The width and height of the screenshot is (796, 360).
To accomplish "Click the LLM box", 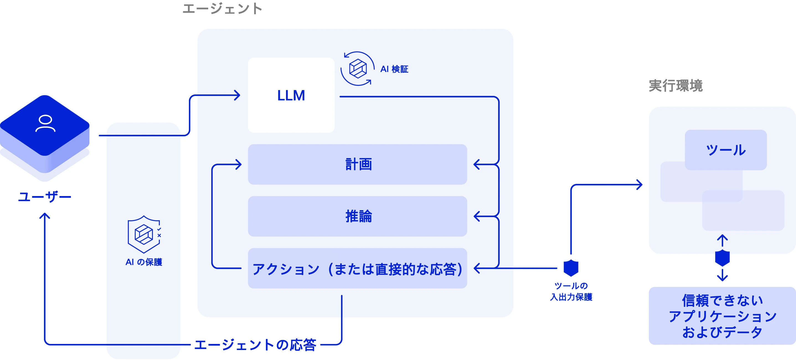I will click(291, 95).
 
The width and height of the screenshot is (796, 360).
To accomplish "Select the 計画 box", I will click(357, 164).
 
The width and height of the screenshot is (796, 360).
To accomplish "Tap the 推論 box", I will click(357, 216).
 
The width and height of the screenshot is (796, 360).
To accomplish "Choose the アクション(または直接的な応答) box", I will click(357, 268).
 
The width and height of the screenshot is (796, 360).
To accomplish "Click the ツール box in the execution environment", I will click(726, 150).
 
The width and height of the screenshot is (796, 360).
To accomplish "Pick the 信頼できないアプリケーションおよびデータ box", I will click(722, 316).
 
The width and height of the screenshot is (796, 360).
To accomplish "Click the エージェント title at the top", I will click(223, 8).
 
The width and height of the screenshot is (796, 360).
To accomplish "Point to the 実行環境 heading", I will click(676, 86).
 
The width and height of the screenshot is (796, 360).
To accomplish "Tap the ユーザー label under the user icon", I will click(45, 197).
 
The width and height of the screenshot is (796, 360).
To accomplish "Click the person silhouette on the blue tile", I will click(45, 124).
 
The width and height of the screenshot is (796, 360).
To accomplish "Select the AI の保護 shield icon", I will click(144, 234).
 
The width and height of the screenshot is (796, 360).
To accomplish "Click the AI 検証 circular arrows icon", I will click(358, 69).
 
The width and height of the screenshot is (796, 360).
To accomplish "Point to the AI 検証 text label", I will click(394, 69).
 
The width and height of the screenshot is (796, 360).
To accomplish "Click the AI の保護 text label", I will click(144, 262).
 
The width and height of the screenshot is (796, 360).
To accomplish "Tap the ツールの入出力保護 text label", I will click(571, 291).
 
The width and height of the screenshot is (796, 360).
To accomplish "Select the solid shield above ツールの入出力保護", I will click(571, 268).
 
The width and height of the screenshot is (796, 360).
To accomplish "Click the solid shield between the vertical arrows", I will click(722, 258).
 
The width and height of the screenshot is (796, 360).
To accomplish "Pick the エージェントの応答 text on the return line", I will click(255, 344).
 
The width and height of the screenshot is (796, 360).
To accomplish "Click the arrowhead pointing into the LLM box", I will click(237, 95).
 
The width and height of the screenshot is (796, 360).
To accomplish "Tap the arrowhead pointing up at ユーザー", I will click(45, 215).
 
